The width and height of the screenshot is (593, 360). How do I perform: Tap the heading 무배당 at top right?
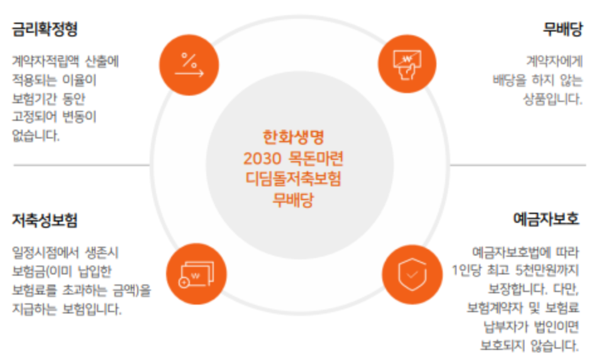(562, 30)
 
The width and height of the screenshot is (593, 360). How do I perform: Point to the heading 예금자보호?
(546, 220)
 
